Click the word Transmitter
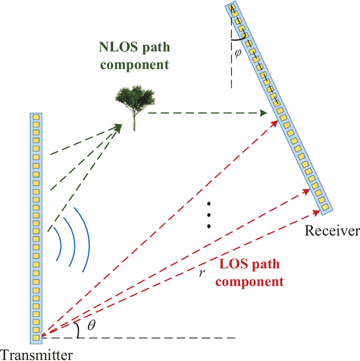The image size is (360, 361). [x=36, y=355]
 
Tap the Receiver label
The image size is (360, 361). [x=331, y=231]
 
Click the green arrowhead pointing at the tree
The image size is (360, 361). [x=118, y=128]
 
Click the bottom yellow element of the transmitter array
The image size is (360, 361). [x=37, y=337]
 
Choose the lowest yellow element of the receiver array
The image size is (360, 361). [x=324, y=211]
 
